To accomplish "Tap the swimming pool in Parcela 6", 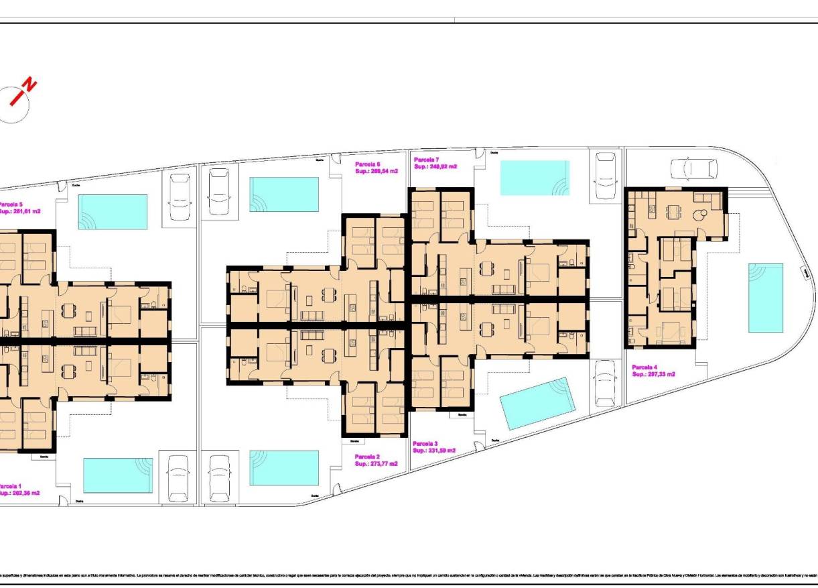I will (x=284, y=193).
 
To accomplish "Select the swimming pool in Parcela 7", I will (x=535, y=178).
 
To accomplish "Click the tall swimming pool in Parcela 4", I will (x=766, y=297).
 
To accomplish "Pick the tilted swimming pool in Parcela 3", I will (x=538, y=403).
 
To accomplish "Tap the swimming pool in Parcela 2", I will (x=284, y=467).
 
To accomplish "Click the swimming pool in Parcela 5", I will (x=113, y=212).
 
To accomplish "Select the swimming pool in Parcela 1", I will (x=117, y=475).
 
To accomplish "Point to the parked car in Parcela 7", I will (x=606, y=174).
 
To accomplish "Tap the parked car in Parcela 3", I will (x=606, y=383).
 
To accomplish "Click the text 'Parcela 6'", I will (x=368, y=164).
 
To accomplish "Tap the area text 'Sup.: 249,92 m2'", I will (x=435, y=167).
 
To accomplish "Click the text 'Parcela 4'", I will (x=644, y=367).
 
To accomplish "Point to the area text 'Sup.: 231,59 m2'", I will (x=434, y=451).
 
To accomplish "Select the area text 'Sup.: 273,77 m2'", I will (x=376, y=463).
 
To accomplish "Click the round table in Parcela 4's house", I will (x=701, y=215).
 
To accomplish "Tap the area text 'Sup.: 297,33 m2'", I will (x=653, y=375).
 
